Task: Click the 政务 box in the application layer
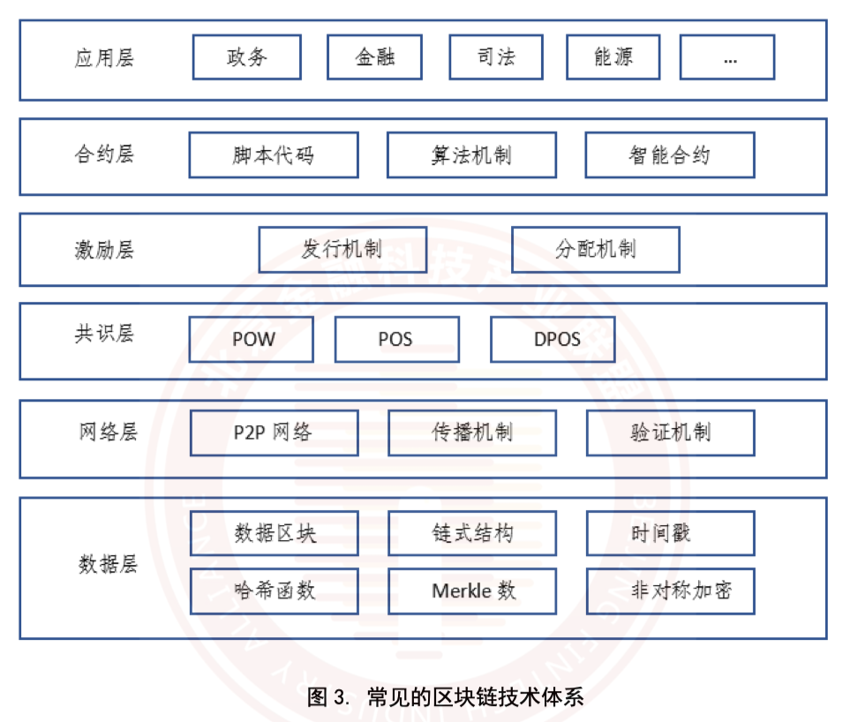[246, 57]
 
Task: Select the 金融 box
[374, 57]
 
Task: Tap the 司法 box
[496, 57]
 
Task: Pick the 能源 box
[613, 57]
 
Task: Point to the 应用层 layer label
[104, 59]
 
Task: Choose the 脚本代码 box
[274, 155]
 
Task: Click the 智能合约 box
[669, 155]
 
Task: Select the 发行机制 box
[342, 250]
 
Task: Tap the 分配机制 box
[595, 250]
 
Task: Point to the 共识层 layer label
[104, 335]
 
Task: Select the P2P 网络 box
[274, 433]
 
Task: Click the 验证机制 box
[670, 433]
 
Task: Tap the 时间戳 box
[670, 533]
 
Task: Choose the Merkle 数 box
[472, 591]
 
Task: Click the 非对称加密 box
[670, 591]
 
